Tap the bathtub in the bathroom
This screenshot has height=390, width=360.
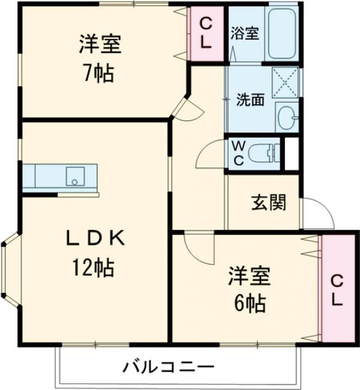(281, 34)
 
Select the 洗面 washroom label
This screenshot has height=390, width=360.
(250, 100)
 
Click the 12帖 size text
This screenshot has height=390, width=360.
(94, 268)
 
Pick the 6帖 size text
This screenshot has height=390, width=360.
(250, 304)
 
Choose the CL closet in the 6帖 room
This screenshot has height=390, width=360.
(337, 290)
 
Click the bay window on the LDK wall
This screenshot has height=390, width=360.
(10, 272)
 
